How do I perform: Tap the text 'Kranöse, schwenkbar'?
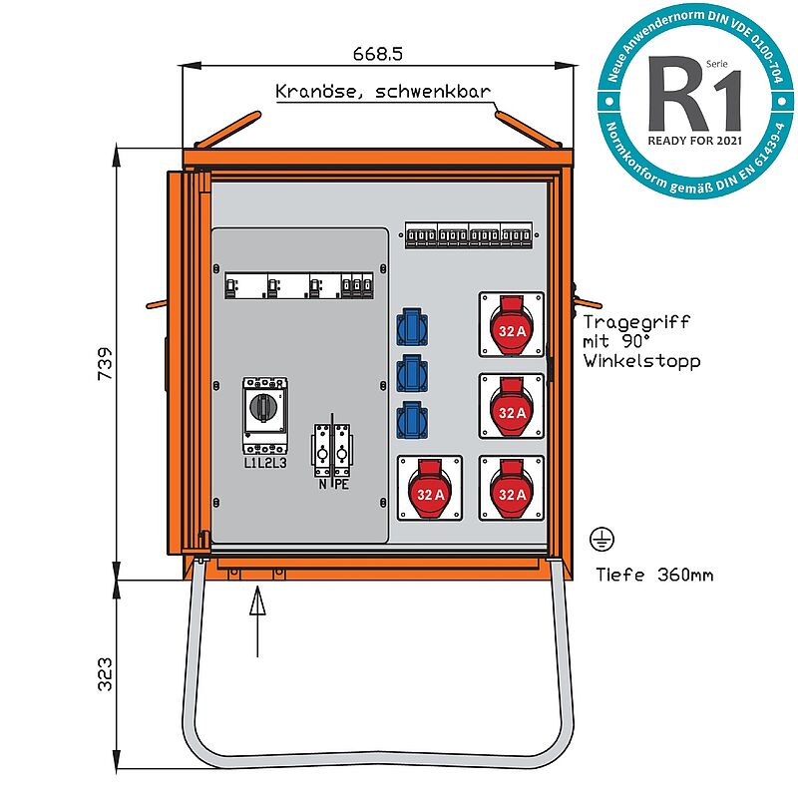(x=383, y=92)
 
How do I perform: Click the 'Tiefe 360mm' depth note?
(x=653, y=575)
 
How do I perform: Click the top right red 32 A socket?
(x=512, y=326)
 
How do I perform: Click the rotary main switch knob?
(x=264, y=407)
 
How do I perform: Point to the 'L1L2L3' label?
(x=264, y=463)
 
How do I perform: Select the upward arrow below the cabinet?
(x=257, y=618)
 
